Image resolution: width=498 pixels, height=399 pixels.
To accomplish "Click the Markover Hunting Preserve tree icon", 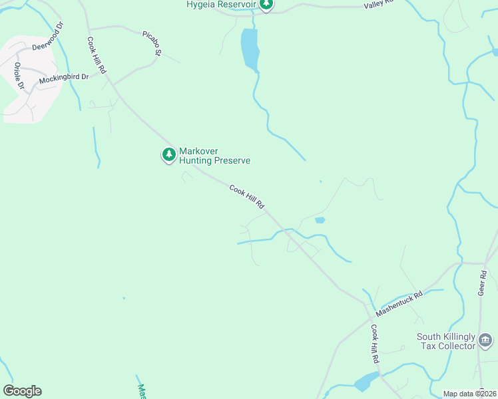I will pos(169,155).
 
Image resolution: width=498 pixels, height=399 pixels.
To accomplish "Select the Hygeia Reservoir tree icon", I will pos(266,5).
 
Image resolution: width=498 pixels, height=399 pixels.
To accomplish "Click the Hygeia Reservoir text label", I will pos(222,5).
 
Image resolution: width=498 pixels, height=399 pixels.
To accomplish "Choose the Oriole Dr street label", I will pos(19,76).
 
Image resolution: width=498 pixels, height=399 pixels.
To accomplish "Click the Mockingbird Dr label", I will pos(63,78).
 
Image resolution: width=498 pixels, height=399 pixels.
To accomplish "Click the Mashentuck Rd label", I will pos(399,304).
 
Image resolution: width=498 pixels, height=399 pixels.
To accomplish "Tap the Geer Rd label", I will pos(482,282).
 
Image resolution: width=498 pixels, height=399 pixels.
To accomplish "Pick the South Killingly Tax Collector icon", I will pos(485,342).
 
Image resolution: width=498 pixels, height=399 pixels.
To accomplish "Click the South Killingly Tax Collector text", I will pos(446,341).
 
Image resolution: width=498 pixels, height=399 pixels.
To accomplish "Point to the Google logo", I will pos(22,391).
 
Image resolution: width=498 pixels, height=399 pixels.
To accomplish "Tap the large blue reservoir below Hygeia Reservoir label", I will pos(250,49).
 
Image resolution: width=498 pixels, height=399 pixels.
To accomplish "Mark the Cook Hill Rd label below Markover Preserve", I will pos(247,198).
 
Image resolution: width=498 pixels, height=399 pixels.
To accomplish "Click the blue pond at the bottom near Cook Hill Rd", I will pos(366,382).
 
